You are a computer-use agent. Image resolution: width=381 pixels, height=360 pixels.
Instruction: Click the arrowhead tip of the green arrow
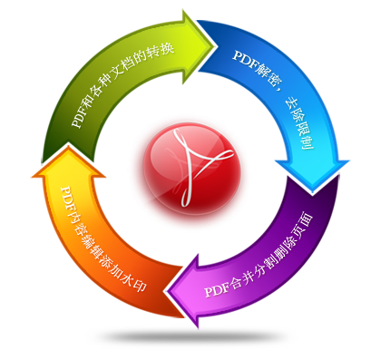(x=216, y=46)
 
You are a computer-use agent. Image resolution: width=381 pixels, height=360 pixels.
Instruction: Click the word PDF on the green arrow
(x=79, y=117)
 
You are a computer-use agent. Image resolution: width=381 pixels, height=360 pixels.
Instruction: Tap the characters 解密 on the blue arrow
(x=269, y=74)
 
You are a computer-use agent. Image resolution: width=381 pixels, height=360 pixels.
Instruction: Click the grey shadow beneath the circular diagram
(x=191, y=336)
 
